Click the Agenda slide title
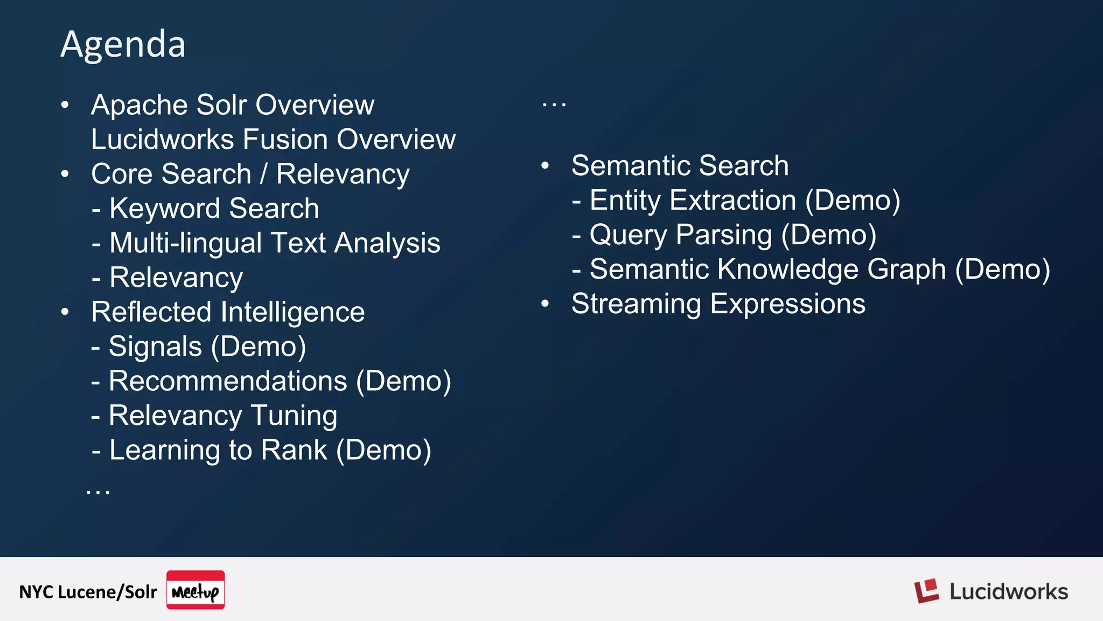(123, 44)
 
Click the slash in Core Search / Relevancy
(263, 174)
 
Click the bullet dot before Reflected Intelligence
(65, 312)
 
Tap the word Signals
(155, 347)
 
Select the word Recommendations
(228, 381)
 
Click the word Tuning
(294, 416)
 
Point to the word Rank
(294, 450)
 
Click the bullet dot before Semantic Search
(545, 166)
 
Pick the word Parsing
(723, 235)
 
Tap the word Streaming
(636, 304)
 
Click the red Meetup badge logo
(196, 590)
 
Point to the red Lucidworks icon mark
(926, 591)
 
